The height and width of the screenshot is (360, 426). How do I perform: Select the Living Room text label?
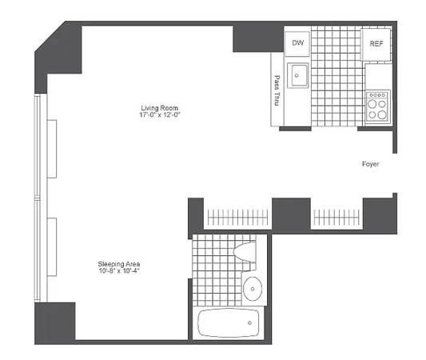click(x=160, y=107)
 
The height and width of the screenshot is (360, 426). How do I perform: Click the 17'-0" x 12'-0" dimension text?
click(x=160, y=115)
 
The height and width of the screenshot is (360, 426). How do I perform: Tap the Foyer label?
click(x=370, y=164)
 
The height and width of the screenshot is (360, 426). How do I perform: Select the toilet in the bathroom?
click(x=247, y=252)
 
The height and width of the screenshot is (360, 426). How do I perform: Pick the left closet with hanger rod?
click(x=237, y=216)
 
